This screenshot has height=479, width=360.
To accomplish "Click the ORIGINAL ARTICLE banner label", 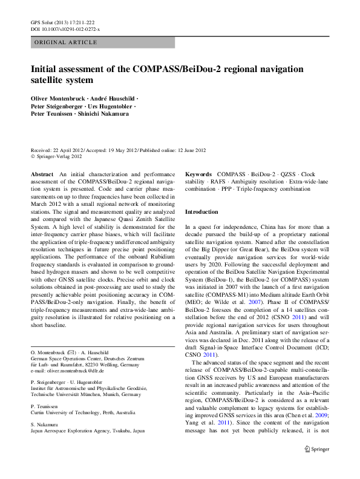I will point(66,42).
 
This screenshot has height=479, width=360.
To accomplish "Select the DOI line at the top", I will point(65,28).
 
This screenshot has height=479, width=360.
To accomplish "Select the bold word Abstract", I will point(42,174).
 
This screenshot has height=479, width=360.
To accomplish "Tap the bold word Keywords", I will point(198,174).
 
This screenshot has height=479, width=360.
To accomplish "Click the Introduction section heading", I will point(201,213).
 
